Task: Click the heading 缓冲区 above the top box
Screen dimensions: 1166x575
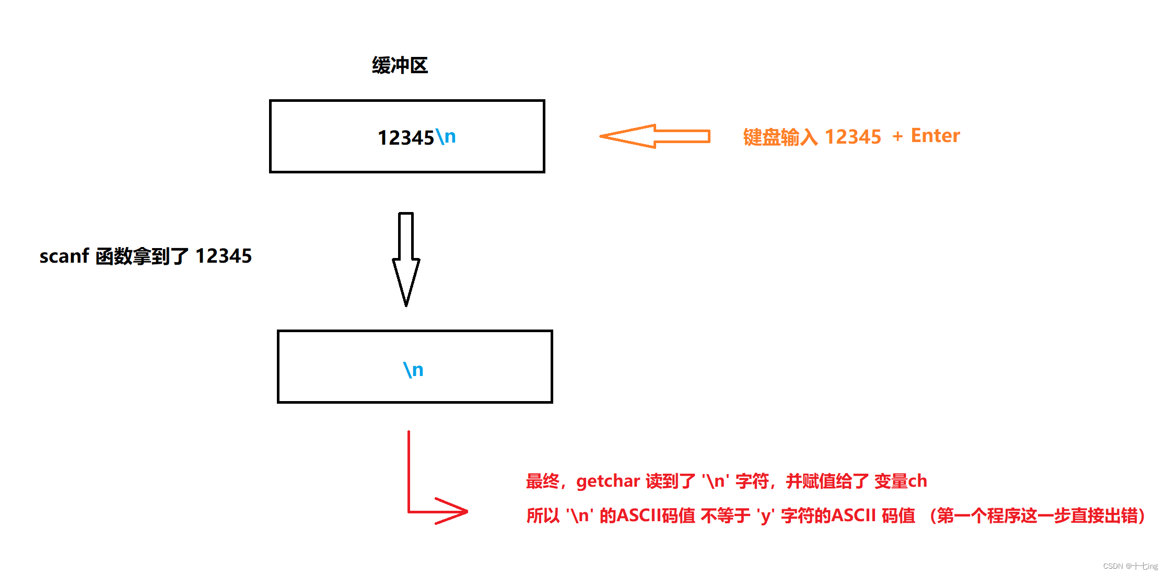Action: coord(400,65)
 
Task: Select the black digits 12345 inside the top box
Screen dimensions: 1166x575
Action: coord(406,138)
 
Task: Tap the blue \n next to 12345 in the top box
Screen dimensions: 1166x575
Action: coord(446,137)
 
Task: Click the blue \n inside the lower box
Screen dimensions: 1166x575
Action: coord(413,370)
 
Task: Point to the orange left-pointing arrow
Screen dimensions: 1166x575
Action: coord(655,136)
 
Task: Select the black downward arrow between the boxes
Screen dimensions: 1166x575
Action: coord(406,259)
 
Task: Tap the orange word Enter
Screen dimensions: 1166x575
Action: coord(935,136)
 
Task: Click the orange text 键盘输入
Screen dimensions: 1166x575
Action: coord(780,137)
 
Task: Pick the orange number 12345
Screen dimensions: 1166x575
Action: coord(853,137)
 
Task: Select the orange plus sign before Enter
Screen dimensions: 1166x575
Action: coord(897,137)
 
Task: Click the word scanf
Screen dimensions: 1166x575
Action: coord(64,256)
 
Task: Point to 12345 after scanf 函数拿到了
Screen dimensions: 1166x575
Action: coord(224,256)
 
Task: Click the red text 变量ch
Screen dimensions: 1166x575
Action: coord(901,481)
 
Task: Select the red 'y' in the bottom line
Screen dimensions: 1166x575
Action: coord(766,516)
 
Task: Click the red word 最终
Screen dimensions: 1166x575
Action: coord(543,481)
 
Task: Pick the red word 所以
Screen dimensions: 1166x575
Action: coord(543,516)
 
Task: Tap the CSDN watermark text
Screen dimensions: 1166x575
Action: coord(1130,566)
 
